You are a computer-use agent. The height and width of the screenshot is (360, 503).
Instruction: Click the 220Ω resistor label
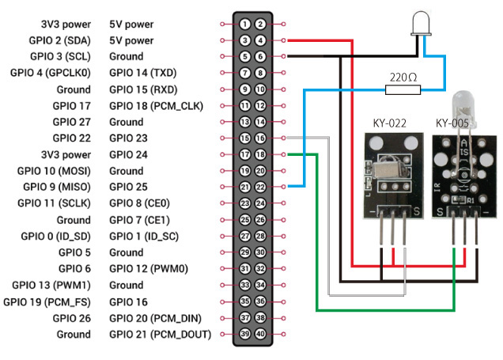tap(404, 77)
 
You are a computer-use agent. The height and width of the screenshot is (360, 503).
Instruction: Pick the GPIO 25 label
tap(128, 188)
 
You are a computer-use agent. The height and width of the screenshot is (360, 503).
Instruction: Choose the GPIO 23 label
tap(128, 138)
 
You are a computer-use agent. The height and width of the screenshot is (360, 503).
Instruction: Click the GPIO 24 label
tap(128, 155)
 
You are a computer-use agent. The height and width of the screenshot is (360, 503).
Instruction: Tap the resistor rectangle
tap(403, 90)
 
